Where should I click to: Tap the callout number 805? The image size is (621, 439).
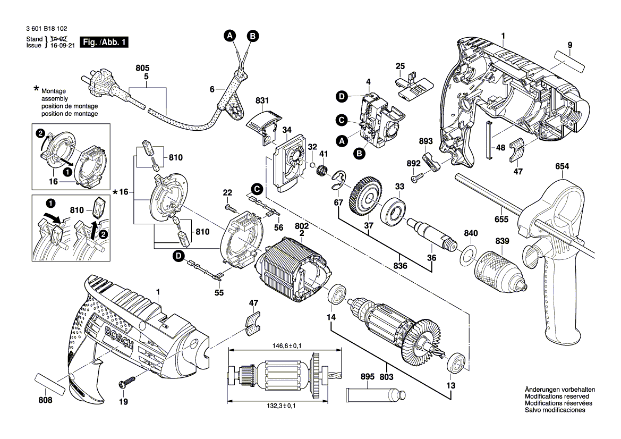[x=142, y=68]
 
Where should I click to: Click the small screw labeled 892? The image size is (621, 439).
[x=420, y=174]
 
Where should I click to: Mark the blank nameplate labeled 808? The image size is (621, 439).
[x=50, y=384]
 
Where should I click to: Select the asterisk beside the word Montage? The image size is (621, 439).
[x=36, y=88]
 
